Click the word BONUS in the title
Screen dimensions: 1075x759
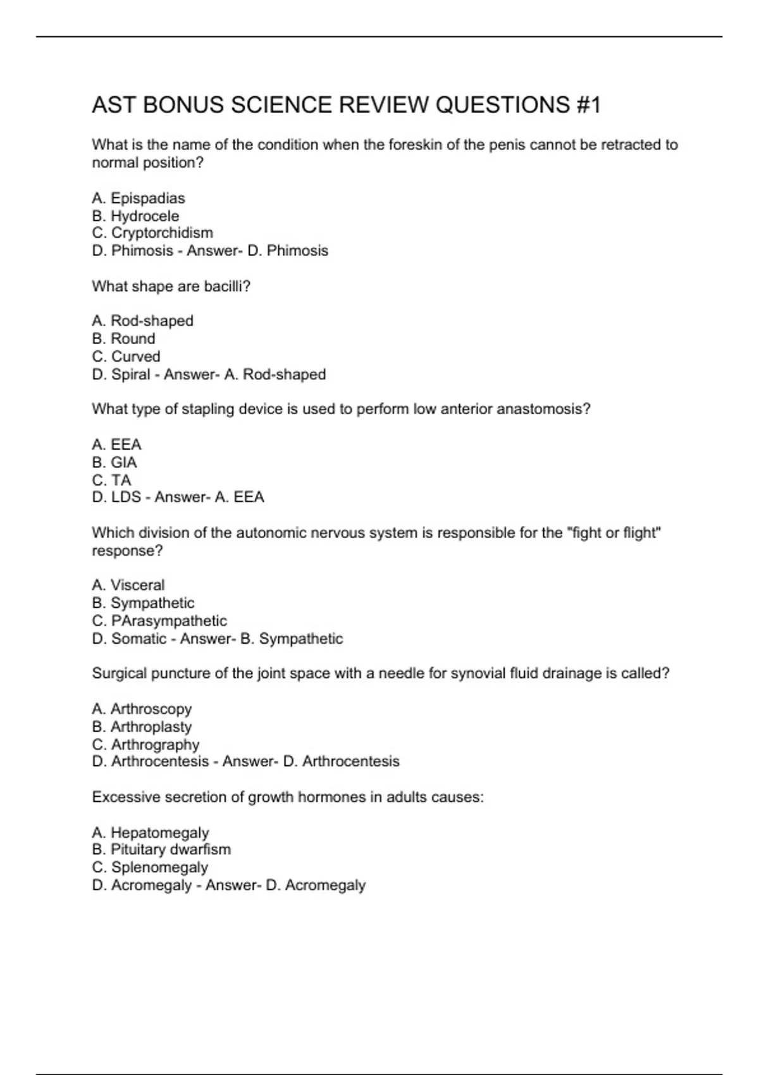pos(183,105)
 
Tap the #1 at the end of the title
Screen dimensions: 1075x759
pos(588,105)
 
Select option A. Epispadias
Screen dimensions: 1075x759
pos(139,198)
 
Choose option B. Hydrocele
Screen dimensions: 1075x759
pos(135,216)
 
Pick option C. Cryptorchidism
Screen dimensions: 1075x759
pos(152,233)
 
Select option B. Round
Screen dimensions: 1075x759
pos(123,338)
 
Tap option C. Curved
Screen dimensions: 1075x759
pos(126,356)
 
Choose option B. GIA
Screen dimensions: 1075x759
pos(114,462)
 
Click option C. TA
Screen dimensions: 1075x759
pos(111,480)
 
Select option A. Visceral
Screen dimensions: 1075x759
pos(128,585)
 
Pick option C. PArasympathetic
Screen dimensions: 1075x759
pos(159,620)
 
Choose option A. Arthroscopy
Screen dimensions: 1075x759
pos(142,709)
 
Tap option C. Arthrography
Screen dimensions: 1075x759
pos(145,744)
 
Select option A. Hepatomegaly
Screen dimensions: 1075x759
pos(151,833)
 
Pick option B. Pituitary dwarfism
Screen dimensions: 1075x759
pos(161,849)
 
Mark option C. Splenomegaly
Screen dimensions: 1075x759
pos(150,867)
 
